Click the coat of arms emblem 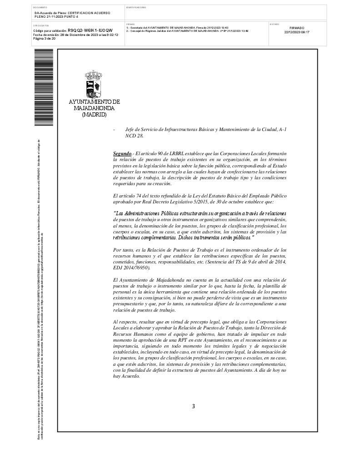point(94,84)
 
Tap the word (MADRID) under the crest point(94,115)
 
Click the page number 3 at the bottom point(194,406)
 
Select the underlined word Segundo point(122,155)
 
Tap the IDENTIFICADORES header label point(136,8)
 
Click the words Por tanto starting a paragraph point(122,250)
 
